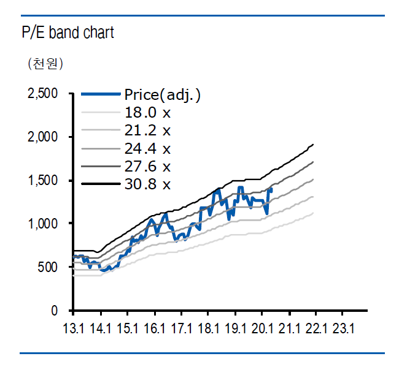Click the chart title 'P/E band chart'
click(x=68, y=32)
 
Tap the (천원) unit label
click(x=45, y=63)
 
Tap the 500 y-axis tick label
click(x=48, y=267)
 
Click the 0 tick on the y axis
click(x=54, y=311)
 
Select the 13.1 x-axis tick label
click(x=74, y=328)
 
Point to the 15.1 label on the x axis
click(x=128, y=328)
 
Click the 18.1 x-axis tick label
click(x=209, y=328)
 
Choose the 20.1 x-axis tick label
click(x=263, y=328)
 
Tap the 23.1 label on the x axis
click(x=344, y=328)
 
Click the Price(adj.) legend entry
click(x=163, y=95)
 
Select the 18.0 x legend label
click(x=147, y=113)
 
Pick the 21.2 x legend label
click(x=147, y=131)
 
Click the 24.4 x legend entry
click(x=147, y=148)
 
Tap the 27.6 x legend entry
click(x=147, y=166)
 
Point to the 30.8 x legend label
click(x=147, y=184)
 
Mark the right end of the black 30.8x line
click(x=314, y=145)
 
